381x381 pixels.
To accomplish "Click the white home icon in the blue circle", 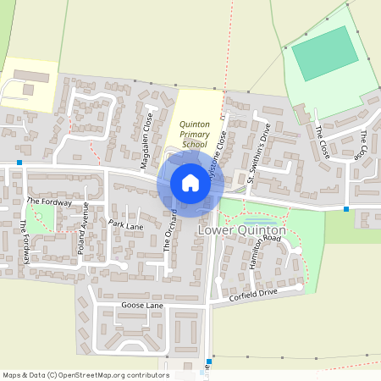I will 190,182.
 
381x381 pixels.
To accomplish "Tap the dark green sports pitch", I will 324,54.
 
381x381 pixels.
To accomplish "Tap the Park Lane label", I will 126,225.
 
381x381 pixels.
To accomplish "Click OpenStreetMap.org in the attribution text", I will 90,374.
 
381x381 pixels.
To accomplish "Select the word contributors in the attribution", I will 144,374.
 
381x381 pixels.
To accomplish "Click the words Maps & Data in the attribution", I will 21,374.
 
